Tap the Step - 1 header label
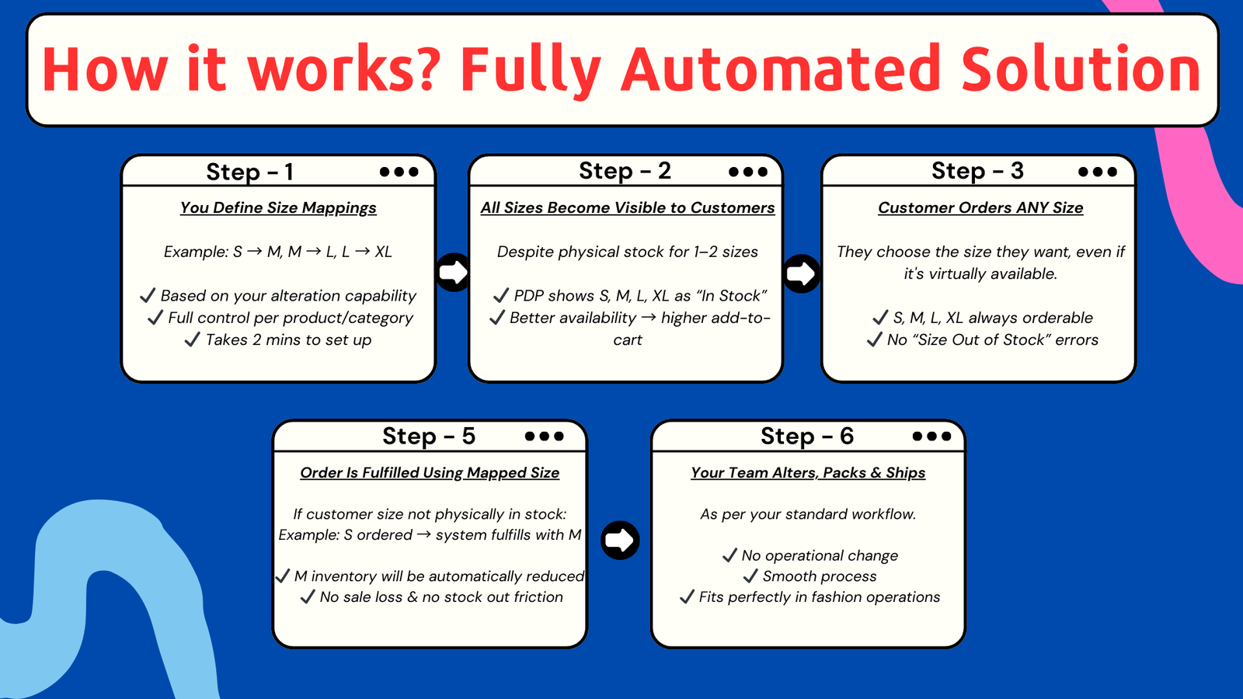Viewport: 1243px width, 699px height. (x=249, y=172)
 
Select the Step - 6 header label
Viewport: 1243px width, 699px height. (x=806, y=436)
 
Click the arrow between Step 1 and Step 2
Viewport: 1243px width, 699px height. (x=453, y=272)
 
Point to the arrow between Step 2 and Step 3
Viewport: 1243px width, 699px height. (x=801, y=273)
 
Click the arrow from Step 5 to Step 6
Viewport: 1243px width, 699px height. (x=620, y=540)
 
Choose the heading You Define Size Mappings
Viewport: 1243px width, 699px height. (x=278, y=208)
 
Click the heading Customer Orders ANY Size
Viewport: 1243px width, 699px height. (x=980, y=208)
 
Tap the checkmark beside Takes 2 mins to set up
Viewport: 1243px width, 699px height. (x=192, y=339)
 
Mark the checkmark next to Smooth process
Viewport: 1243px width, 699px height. (x=750, y=576)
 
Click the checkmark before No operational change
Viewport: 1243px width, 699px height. (x=729, y=555)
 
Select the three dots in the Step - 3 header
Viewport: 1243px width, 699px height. (x=1098, y=172)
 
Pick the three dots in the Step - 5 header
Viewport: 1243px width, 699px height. (x=544, y=436)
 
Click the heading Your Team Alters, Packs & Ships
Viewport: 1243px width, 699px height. (x=808, y=473)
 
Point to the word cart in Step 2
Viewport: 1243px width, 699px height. (x=628, y=340)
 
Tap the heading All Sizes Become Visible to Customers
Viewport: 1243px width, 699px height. (x=628, y=208)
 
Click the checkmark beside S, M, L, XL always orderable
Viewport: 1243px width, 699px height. (x=880, y=318)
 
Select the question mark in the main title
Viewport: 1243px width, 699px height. (x=427, y=70)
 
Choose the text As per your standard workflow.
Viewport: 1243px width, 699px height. (x=808, y=514)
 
